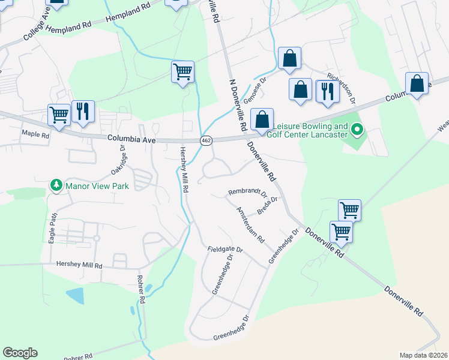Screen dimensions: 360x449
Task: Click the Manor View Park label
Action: click(x=98, y=186)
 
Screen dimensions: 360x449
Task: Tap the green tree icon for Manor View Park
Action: click(x=56, y=185)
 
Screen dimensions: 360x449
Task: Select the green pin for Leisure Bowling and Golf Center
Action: click(x=358, y=129)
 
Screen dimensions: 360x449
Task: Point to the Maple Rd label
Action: click(x=35, y=134)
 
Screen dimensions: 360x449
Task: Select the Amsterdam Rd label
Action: click(x=250, y=224)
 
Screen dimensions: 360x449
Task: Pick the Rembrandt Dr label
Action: click(x=247, y=193)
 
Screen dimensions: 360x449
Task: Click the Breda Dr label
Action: click(x=268, y=205)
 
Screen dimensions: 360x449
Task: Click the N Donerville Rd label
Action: click(x=237, y=105)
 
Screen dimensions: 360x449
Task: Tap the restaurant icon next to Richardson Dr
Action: click(x=327, y=91)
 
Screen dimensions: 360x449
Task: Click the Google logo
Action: click(x=20, y=353)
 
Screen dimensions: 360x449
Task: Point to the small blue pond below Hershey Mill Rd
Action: click(x=75, y=296)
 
